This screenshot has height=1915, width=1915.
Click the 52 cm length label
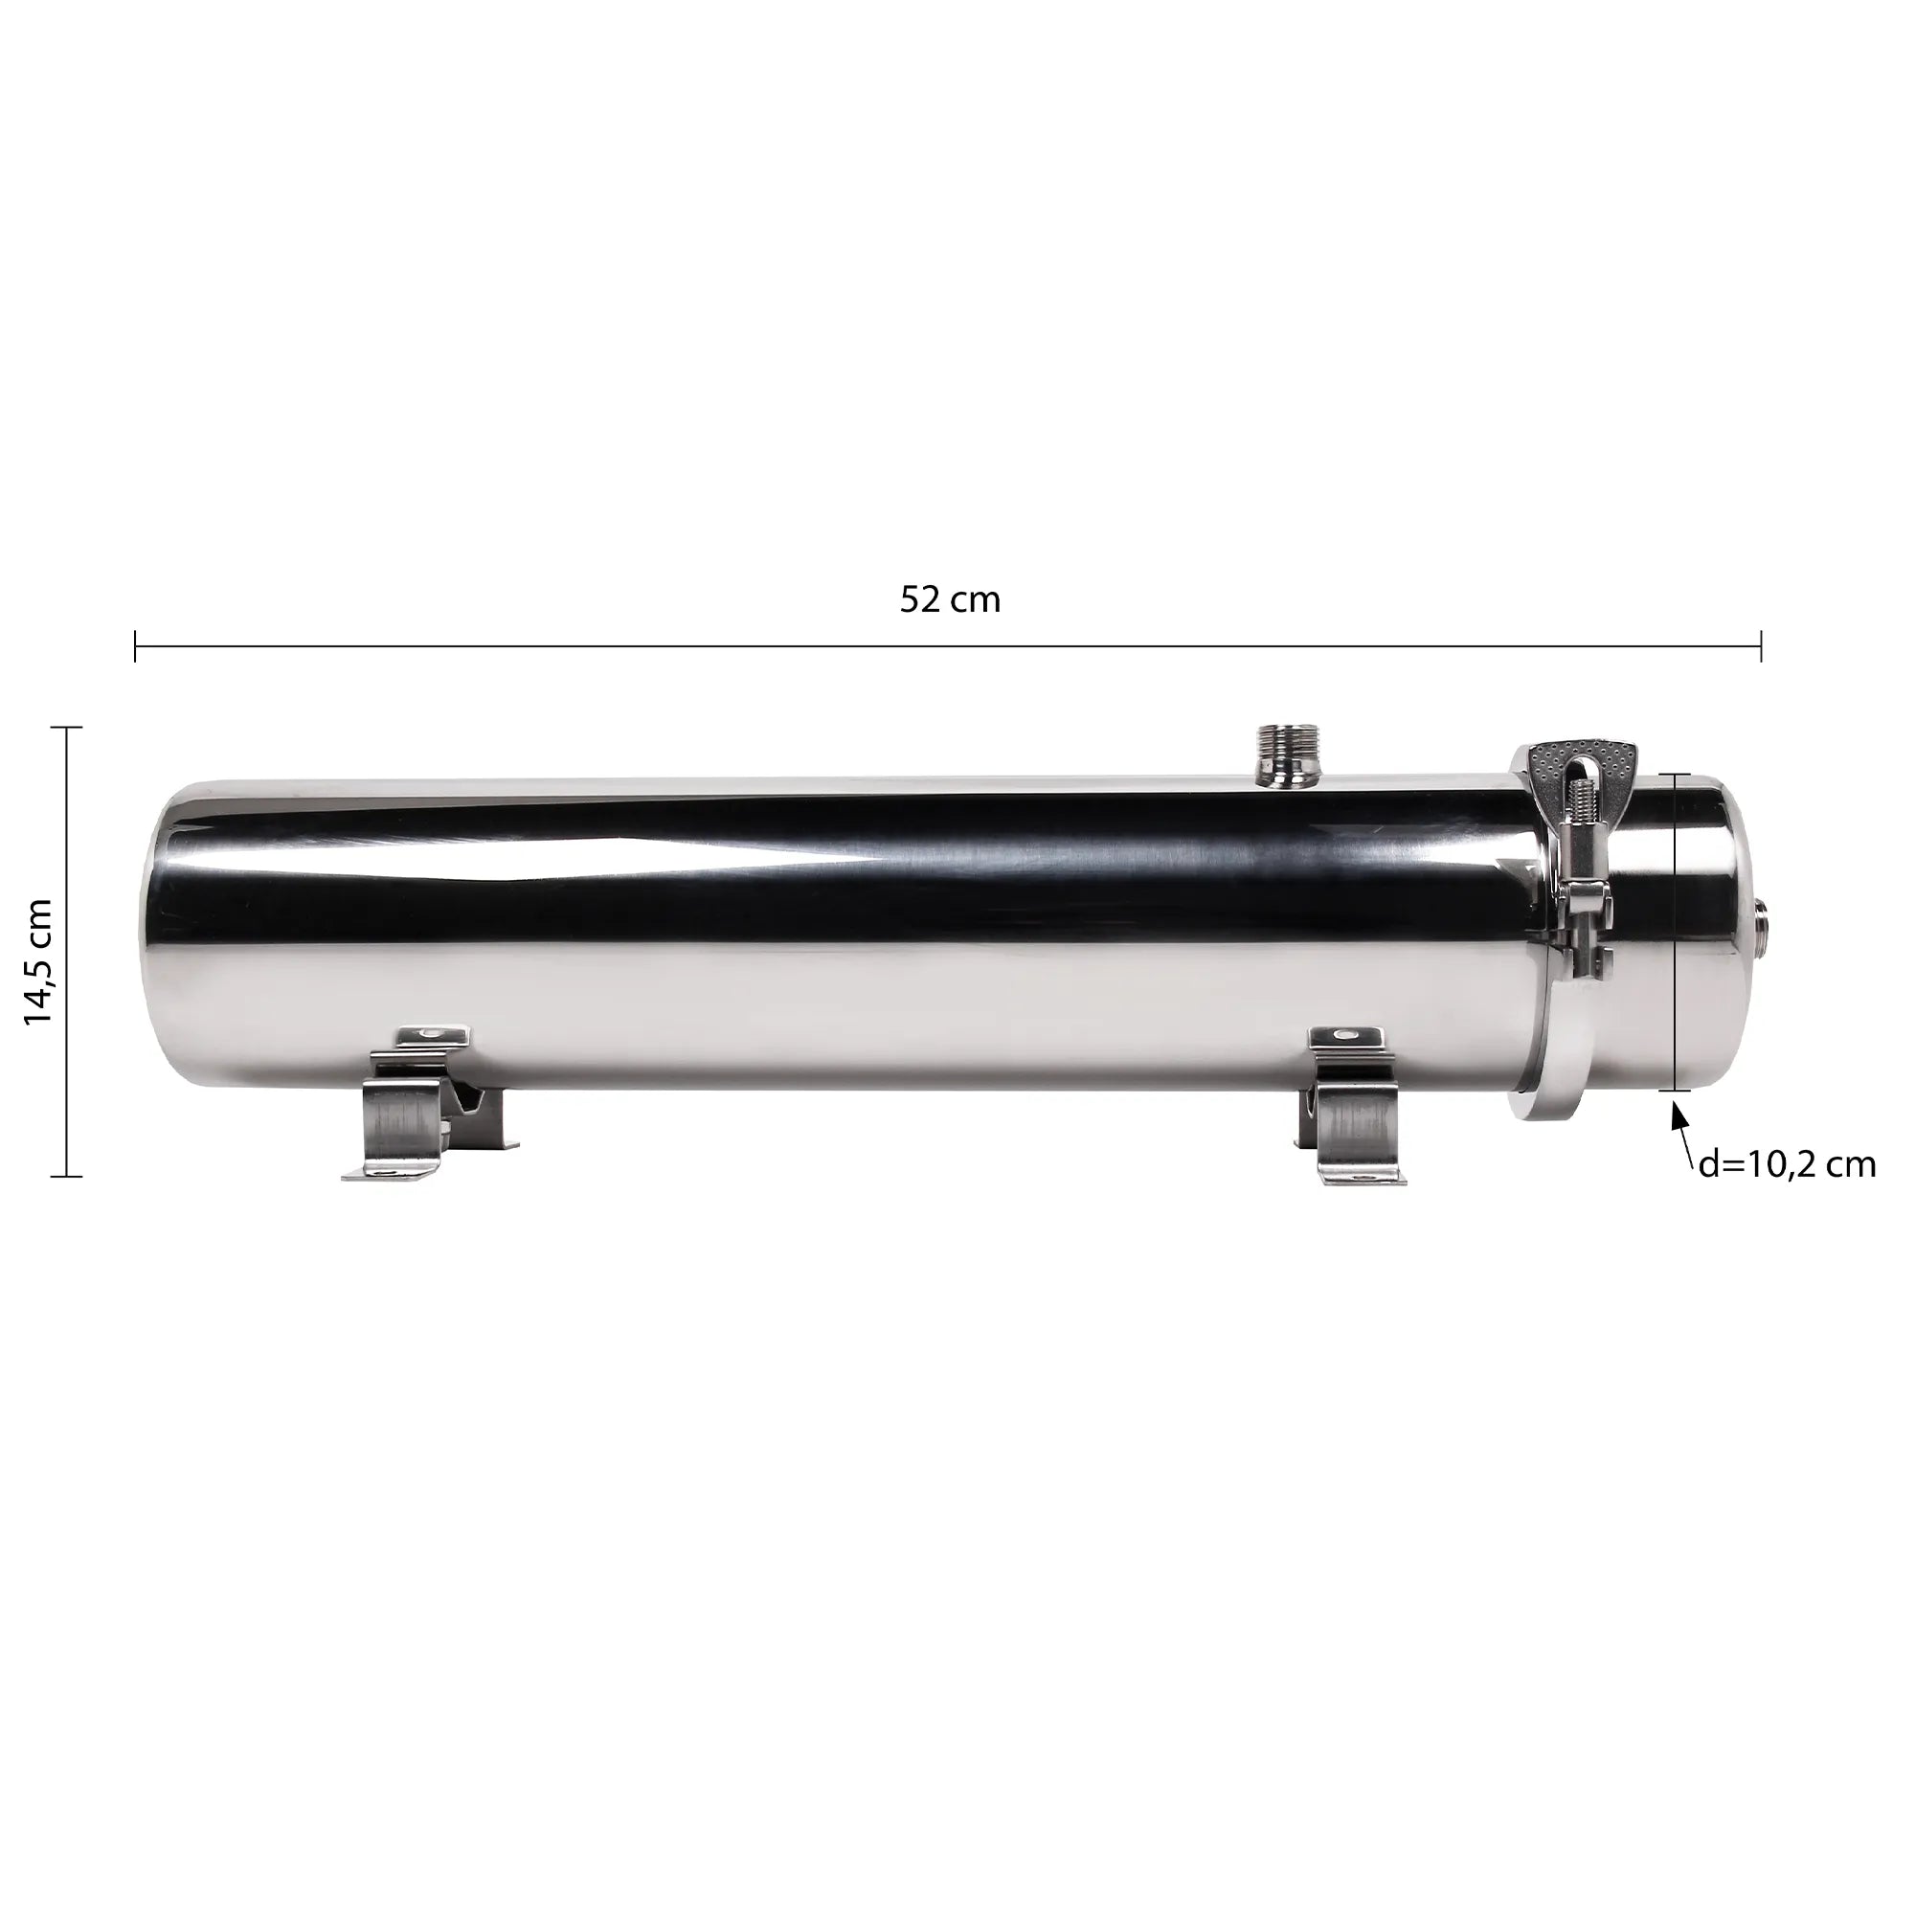pos(950,599)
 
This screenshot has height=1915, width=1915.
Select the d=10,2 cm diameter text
pos(1786,1165)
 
